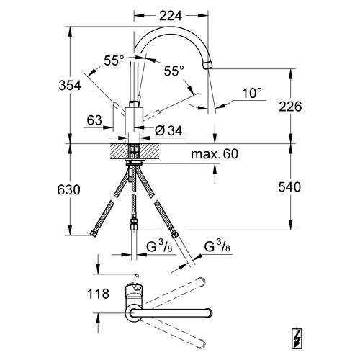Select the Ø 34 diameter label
(171, 130)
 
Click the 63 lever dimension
(94, 120)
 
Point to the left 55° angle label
(114, 63)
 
